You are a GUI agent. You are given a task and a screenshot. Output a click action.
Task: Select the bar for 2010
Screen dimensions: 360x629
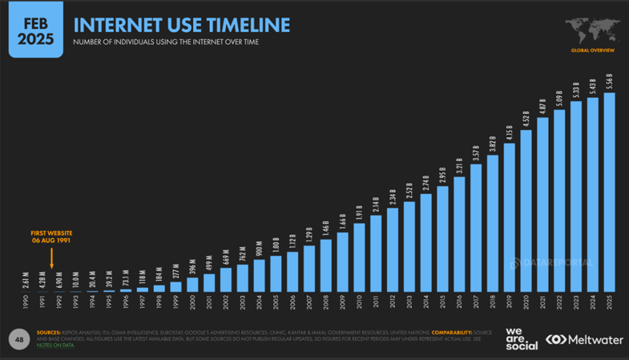(360, 258)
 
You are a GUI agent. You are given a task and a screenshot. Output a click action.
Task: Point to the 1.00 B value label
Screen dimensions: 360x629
(276, 245)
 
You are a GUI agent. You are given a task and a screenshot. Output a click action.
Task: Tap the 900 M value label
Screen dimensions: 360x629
(259, 249)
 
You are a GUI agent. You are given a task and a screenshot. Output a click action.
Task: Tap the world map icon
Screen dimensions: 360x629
(592, 31)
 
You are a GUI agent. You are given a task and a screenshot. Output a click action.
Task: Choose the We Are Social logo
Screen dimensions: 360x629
(522, 338)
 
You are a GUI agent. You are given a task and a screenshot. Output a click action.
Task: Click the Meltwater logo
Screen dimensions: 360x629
(584, 339)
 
